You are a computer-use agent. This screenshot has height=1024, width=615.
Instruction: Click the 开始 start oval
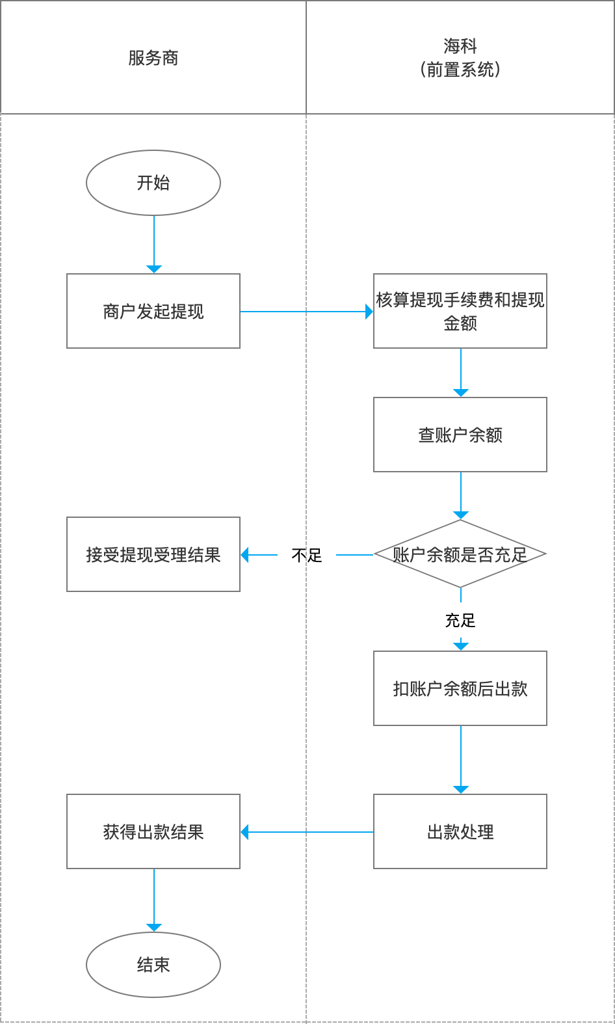[153, 183]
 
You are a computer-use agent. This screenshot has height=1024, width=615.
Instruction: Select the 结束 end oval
[153, 964]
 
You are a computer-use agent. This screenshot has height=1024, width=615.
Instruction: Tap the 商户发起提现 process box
[153, 311]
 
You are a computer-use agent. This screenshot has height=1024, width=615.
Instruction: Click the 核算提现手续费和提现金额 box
[460, 311]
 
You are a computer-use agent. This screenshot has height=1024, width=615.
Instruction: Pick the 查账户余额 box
[460, 435]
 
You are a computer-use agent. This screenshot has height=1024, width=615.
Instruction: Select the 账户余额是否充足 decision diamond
[460, 554]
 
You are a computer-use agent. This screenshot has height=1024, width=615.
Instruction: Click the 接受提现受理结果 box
[153, 554]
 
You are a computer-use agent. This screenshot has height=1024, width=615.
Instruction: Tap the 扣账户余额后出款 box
[460, 688]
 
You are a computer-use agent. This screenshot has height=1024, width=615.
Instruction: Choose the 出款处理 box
[460, 831]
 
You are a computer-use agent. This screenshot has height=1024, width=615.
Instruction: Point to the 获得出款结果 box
[153, 831]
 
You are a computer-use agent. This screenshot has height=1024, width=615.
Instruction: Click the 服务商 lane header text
[153, 58]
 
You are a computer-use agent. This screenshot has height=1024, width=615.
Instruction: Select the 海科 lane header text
[460, 46]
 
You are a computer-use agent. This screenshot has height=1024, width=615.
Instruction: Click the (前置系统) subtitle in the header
[460, 70]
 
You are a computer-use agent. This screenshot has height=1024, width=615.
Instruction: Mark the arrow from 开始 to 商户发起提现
[154, 244]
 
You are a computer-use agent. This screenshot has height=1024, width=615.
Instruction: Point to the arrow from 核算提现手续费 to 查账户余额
[461, 372]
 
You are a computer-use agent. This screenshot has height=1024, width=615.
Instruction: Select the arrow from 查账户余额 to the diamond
[461, 495]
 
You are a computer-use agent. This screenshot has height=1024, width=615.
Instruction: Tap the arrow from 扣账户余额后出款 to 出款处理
[461, 759]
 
